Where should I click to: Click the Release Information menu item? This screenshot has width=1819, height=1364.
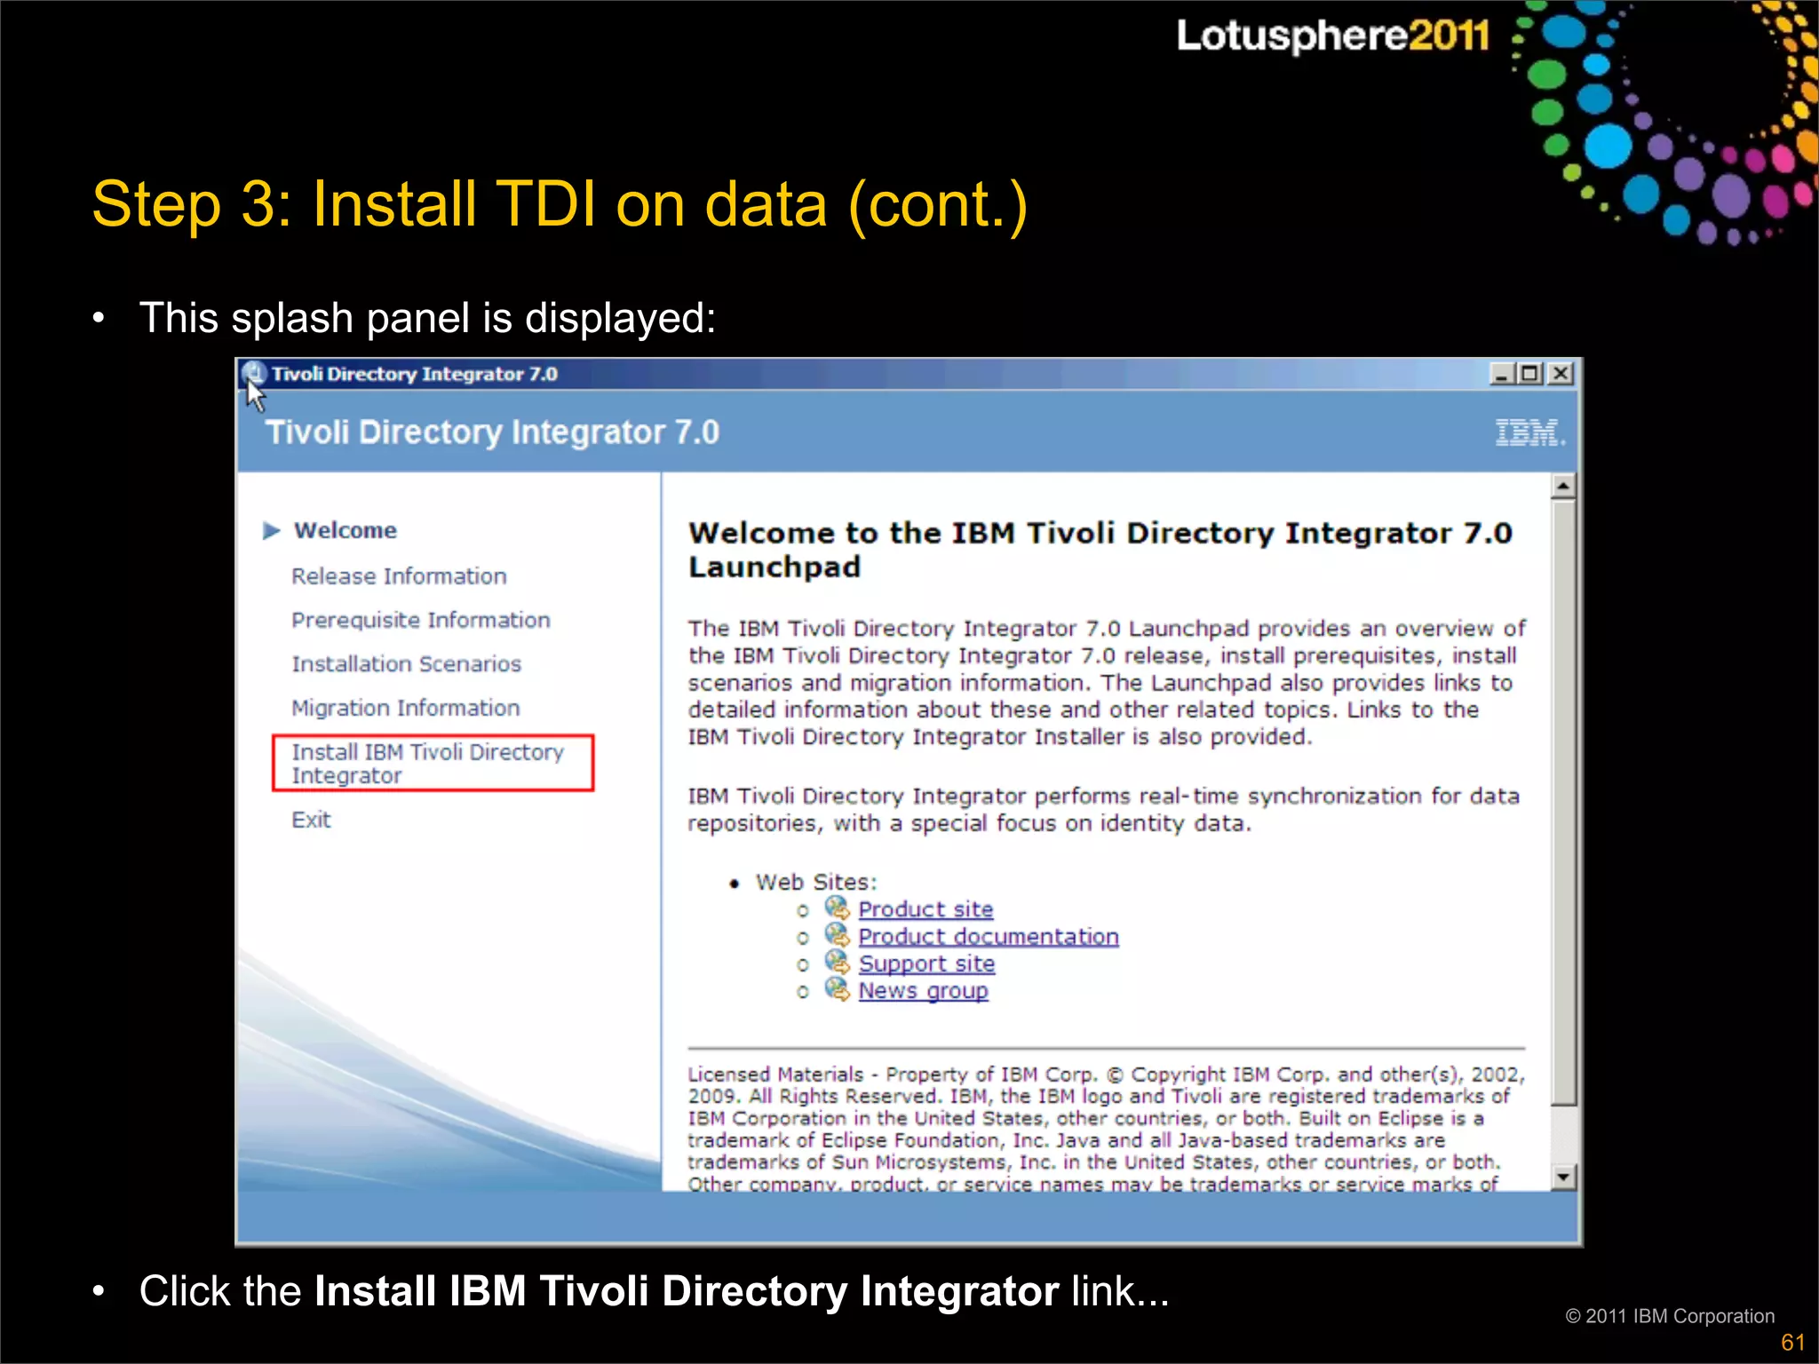[399, 576]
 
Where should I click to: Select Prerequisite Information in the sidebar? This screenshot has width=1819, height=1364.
[421, 620]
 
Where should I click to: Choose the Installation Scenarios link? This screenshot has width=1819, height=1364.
[406, 664]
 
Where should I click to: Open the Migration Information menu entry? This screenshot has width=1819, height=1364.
[406, 708]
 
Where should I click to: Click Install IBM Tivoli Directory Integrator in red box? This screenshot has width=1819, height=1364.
[428, 764]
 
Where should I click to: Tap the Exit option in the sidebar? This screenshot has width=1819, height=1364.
[311, 820]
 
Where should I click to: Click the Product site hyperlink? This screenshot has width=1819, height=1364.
[925, 909]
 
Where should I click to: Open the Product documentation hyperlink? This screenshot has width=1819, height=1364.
[988, 937]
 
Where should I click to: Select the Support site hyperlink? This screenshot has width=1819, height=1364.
[926, 964]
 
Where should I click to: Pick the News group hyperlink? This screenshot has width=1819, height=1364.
[923, 991]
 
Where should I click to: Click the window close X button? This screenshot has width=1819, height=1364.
[1561, 374]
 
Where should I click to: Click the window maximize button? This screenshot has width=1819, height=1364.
[1530, 374]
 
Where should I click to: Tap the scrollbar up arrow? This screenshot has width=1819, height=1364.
[1563, 486]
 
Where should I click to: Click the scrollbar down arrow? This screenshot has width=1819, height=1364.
[1563, 1178]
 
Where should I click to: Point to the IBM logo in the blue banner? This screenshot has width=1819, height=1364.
[1529, 432]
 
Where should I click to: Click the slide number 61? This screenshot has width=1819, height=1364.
[1792, 1342]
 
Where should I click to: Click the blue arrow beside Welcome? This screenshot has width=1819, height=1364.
[272, 531]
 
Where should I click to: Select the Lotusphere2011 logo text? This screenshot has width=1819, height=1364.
[1332, 36]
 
